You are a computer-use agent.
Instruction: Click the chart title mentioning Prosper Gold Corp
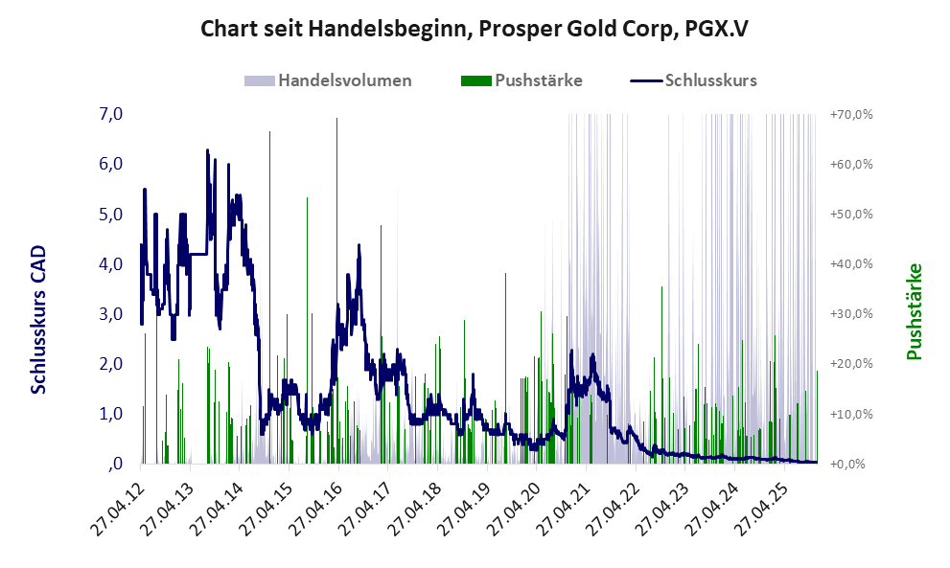pos(475,29)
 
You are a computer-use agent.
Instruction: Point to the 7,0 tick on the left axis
pos(111,114)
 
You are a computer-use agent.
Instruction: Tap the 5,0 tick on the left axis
pos(111,214)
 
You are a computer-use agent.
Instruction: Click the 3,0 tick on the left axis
pos(111,313)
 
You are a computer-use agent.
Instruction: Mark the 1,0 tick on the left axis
pos(111,414)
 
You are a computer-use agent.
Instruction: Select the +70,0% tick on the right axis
pos(851,114)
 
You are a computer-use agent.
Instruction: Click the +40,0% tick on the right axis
pos(851,263)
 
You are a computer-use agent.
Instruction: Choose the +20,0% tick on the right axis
pos(851,364)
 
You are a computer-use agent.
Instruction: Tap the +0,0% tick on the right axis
pos(851,464)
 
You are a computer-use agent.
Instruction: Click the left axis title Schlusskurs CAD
pos(39,319)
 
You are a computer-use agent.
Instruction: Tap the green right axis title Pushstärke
pos(914,312)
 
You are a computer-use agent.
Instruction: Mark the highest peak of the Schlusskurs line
pos(207,150)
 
